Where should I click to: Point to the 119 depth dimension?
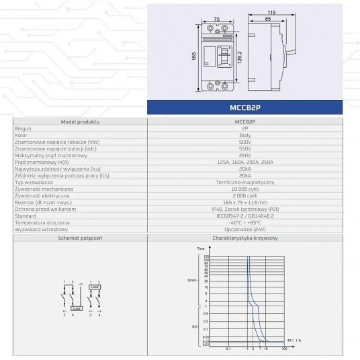click(x=272, y=12)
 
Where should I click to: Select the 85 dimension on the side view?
click(x=268, y=19)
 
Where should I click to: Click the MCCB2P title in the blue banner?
click(x=253, y=106)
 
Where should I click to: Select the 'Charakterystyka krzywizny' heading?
click(x=244, y=238)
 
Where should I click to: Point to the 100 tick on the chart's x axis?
click(x=285, y=349)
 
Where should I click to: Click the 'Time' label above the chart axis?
click(x=200, y=249)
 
